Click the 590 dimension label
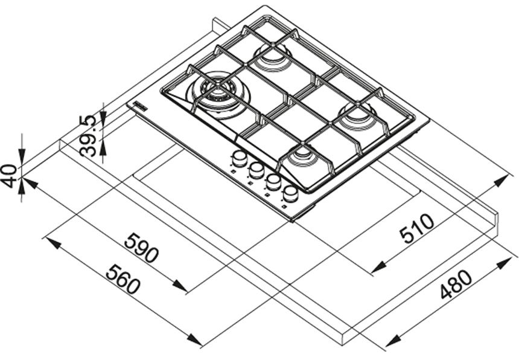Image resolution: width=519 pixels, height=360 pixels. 142,248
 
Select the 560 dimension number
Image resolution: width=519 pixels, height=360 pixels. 123,278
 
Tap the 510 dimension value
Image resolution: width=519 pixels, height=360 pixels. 416,228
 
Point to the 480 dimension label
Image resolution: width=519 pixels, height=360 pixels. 456,284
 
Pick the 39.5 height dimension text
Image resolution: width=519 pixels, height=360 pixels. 89,136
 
